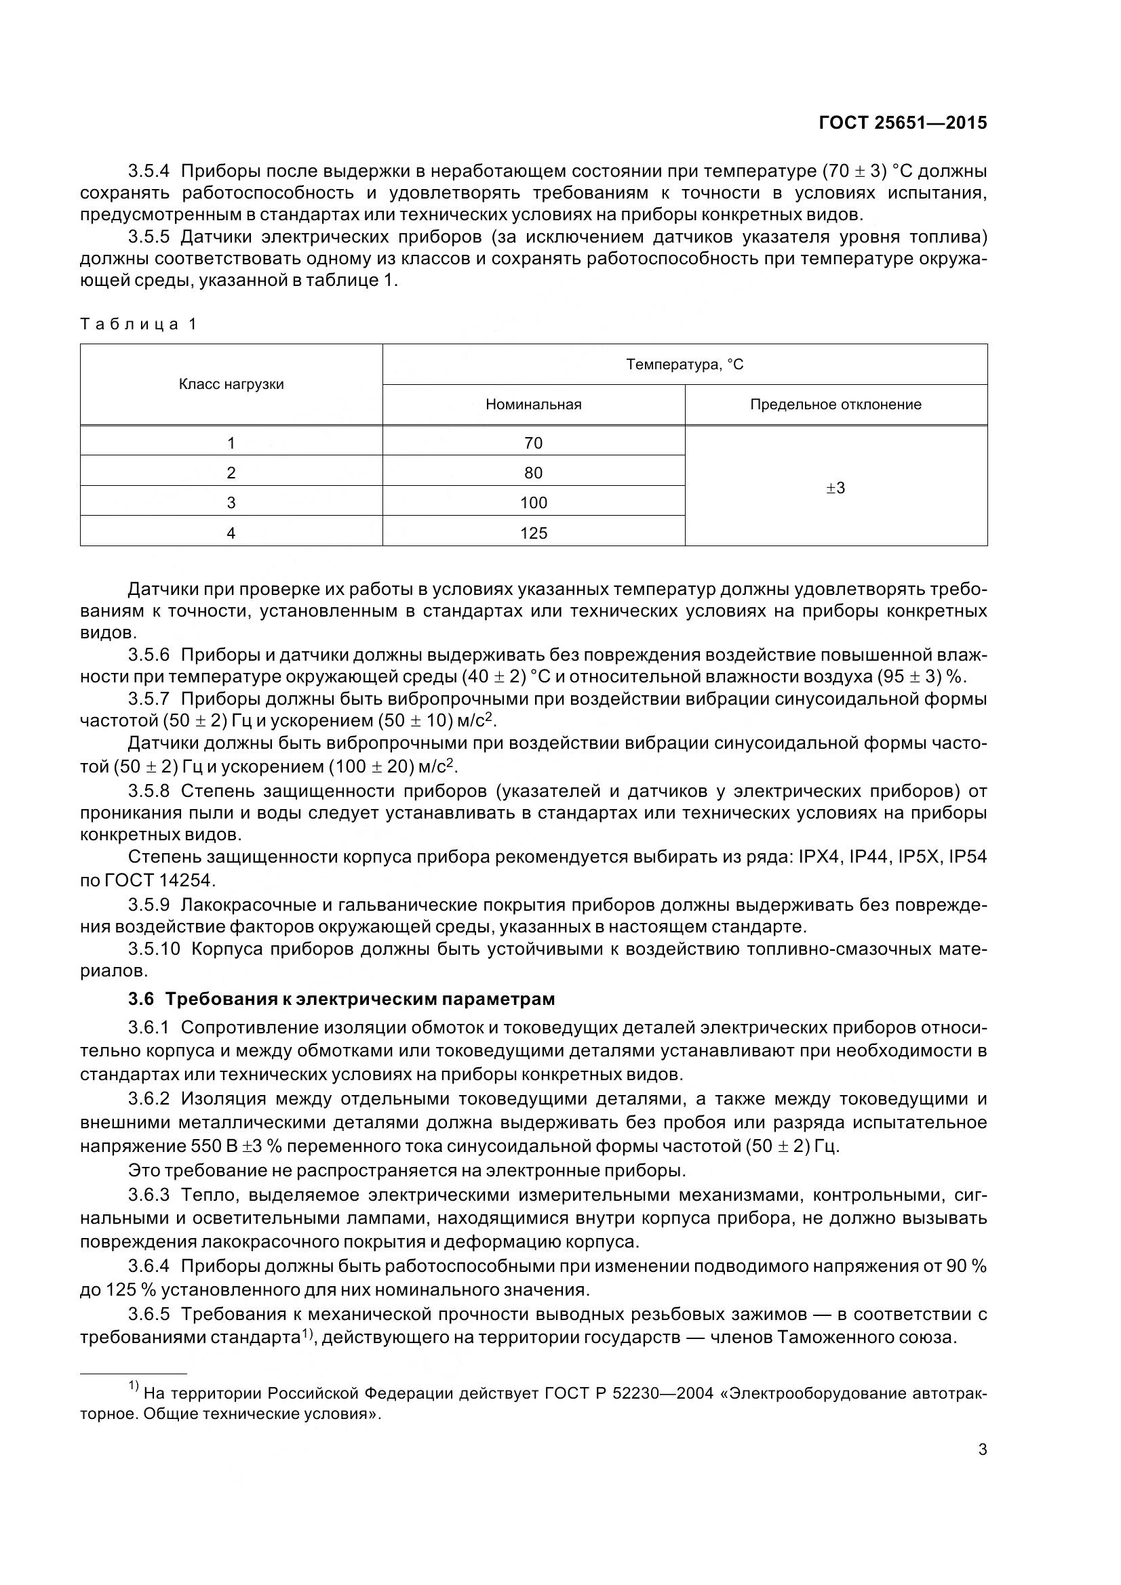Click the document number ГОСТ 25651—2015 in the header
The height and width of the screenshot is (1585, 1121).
click(x=902, y=123)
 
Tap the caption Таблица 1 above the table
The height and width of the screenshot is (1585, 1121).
click(x=139, y=324)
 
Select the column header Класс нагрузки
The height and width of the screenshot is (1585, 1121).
click(x=231, y=384)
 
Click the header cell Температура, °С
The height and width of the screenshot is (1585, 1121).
click(x=684, y=364)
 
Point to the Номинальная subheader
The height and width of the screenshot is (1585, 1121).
click(x=533, y=405)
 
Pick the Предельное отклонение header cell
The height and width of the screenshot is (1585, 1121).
click(x=835, y=405)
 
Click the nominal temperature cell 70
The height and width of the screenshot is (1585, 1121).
click(x=533, y=442)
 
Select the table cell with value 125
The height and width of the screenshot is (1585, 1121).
click(x=533, y=533)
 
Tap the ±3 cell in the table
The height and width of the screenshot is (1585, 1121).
click(x=835, y=488)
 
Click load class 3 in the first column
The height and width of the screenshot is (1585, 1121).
click(x=231, y=503)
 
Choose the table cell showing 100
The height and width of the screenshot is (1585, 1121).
click(x=533, y=503)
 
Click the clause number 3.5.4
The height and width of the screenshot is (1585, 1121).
click(x=149, y=171)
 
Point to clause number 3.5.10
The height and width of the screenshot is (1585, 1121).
click(x=153, y=949)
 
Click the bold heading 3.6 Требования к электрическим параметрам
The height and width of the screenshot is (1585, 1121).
click(x=341, y=999)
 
